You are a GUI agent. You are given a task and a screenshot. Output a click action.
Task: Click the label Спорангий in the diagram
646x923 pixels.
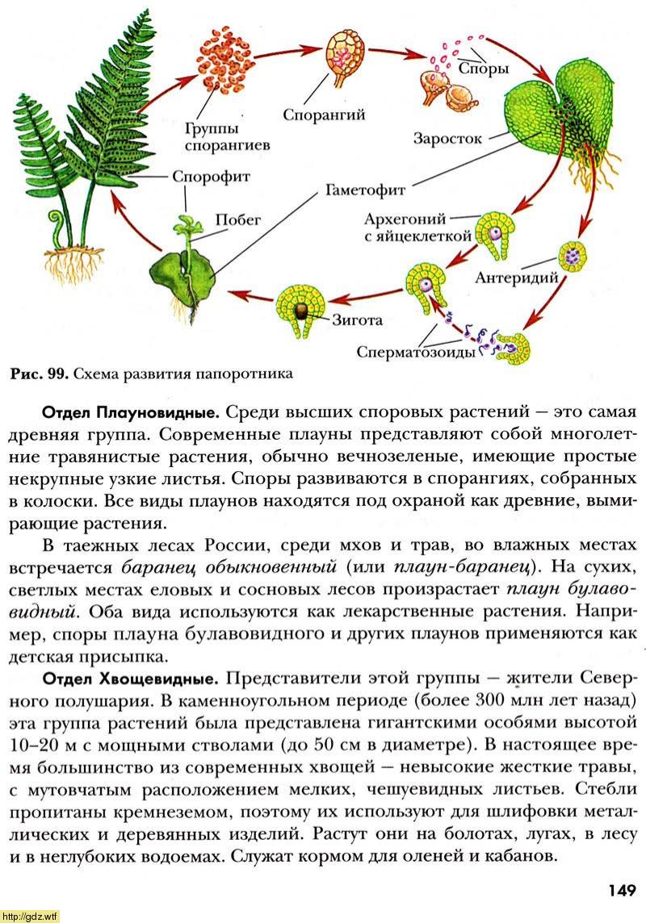click(324, 115)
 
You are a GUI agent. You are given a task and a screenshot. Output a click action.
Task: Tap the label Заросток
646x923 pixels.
click(447, 139)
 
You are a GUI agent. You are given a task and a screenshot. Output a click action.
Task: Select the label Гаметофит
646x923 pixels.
click(365, 190)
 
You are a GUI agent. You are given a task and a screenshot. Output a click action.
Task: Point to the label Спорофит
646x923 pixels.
click(212, 177)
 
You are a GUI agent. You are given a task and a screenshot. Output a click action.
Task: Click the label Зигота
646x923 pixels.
click(357, 320)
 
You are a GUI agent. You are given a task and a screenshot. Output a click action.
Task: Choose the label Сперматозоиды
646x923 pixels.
click(416, 352)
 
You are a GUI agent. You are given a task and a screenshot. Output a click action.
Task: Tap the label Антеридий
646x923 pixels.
click(517, 278)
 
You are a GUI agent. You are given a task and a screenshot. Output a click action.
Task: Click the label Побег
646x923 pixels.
click(238, 219)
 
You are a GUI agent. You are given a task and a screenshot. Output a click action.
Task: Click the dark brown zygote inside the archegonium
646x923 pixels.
click(301, 310)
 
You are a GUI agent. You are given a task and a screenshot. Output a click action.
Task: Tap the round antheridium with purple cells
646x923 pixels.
click(573, 256)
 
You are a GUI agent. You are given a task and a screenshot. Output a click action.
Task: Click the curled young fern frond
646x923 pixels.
click(58, 228)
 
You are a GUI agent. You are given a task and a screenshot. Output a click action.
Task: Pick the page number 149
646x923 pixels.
click(620, 889)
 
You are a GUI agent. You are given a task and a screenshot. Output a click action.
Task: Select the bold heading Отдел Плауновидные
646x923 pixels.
click(132, 412)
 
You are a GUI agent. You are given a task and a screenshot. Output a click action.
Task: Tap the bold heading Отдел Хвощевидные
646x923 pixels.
click(131, 678)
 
